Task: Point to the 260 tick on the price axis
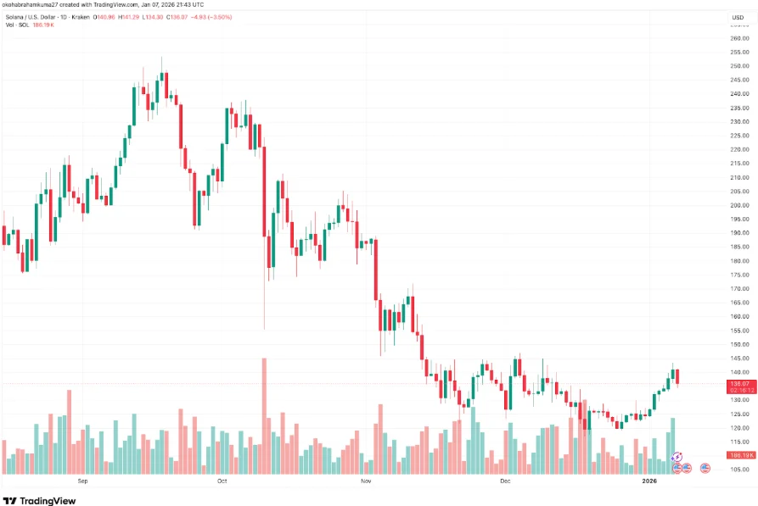738,38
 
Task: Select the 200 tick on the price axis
738,205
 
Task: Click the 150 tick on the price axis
738,344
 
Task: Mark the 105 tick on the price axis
738,470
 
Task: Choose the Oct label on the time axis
222,481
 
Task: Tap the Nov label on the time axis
366,481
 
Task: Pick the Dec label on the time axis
505,481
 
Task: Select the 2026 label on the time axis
649,481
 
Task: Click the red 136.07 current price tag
738,384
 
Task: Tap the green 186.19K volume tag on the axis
738,455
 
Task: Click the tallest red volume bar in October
264,415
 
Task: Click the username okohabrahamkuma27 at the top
37,6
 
